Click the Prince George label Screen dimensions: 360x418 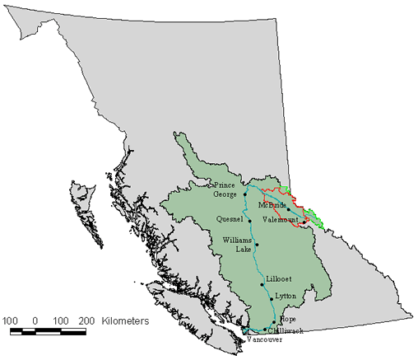pyautogui.click(x=225, y=189)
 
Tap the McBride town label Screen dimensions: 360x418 pyautogui.click(x=272, y=204)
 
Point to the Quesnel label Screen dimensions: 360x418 pyautogui.click(x=228, y=219)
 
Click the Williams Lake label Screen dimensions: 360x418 pyautogui.click(x=237, y=244)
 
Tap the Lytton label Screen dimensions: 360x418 pyautogui.click(x=285, y=296)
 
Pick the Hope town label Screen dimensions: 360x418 pyautogui.click(x=287, y=319)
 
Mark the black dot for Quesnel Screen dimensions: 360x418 pyautogui.click(x=249, y=221)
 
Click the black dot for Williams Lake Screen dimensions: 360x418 pyautogui.click(x=257, y=245)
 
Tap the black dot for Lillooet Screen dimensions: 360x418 pyautogui.click(x=262, y=285)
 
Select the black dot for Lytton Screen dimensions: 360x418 pyautogui.click(x=269, y=299)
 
